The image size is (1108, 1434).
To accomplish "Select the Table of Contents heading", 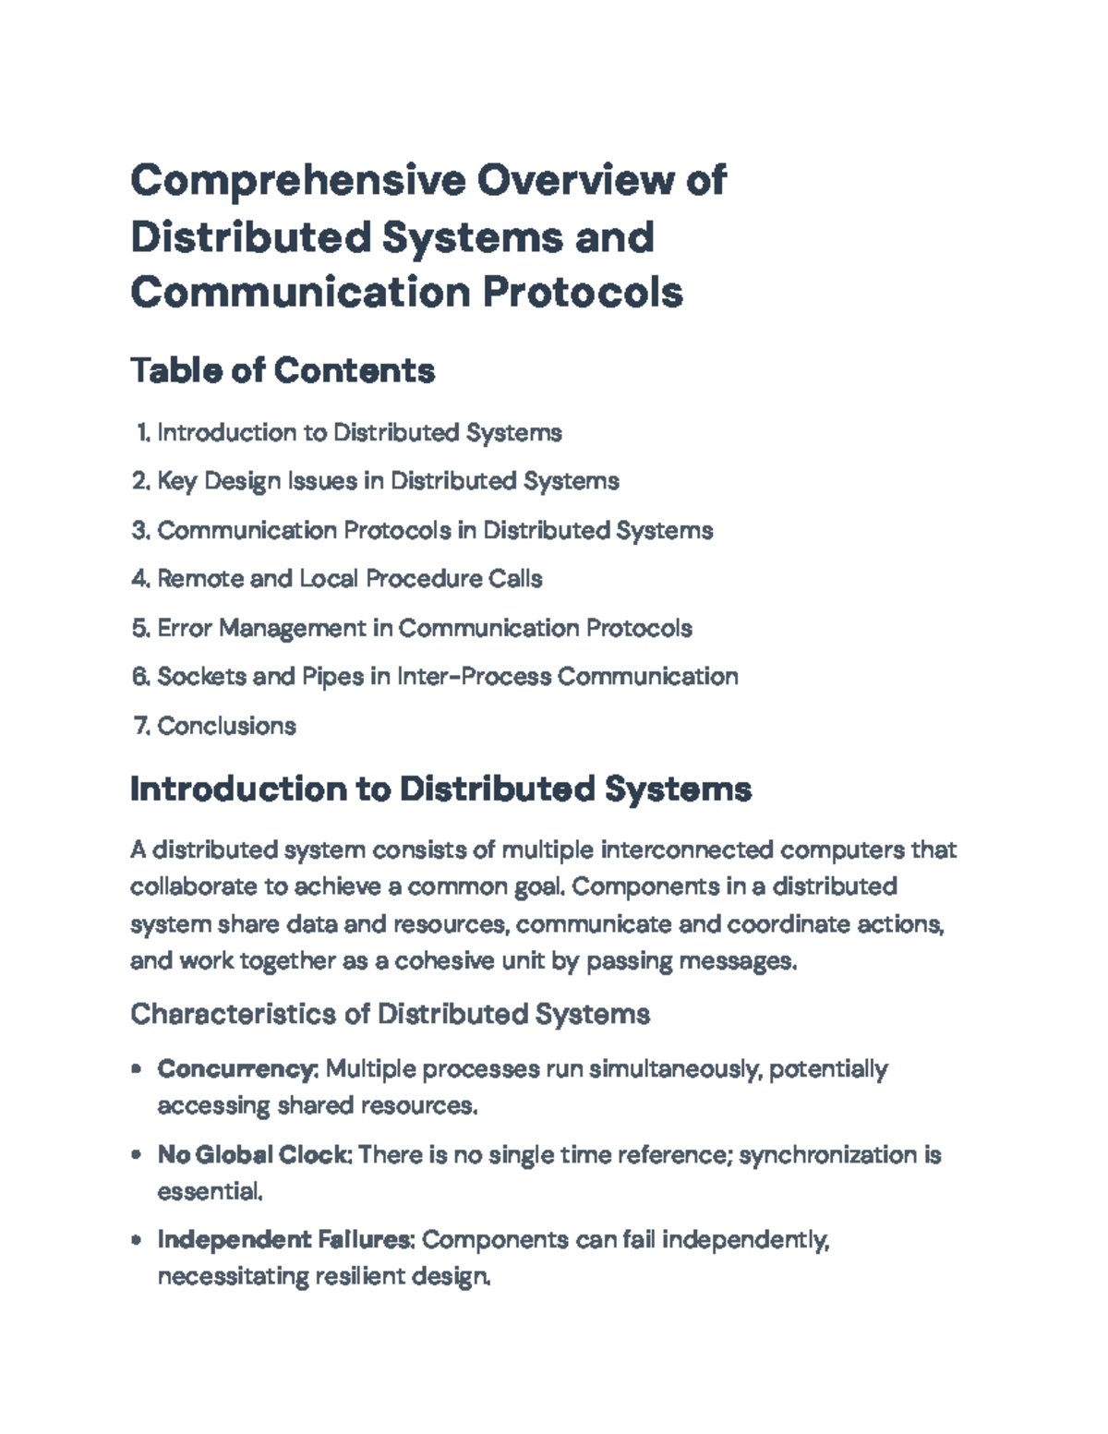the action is point(283,370).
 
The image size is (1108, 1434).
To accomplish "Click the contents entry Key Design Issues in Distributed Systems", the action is point(388,481).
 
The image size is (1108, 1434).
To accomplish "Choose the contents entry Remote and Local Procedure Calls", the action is point(350,579).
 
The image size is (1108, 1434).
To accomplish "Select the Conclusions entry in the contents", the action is point(226,726).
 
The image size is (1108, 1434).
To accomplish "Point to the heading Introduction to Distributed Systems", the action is point(440,789).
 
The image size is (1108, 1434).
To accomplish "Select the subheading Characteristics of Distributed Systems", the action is point(390,1014).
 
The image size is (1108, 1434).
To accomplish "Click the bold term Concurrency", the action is point(236,1069).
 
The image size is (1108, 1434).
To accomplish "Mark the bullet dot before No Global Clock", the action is point(137,1154).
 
